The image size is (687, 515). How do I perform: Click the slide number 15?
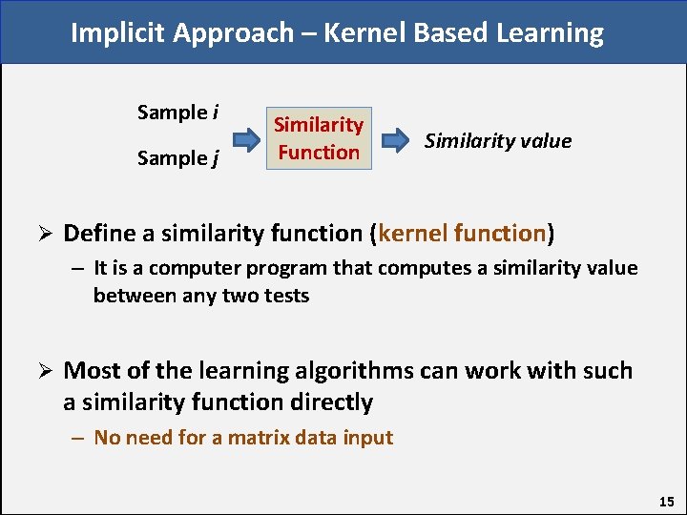tap(666, 501)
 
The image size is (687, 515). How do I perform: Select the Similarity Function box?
tap(319, 138)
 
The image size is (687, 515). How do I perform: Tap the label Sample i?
tap(177, 113)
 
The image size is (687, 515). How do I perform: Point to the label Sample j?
tap(177, 158)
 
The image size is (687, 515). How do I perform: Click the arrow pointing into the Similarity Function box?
tap(247, 142)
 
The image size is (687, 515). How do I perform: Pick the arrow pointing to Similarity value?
tap(393, 142)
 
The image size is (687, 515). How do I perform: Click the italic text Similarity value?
tap(497, 141)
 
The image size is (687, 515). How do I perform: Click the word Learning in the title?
tap(550, 33)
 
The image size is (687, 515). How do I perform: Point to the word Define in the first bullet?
tap(98, 233)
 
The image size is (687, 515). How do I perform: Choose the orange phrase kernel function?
tap(462, 233)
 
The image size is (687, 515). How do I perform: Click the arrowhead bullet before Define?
tap(43, 234)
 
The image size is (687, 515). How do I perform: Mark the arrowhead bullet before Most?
tap(43, 371)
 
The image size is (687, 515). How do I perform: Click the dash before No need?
tap(76, 438)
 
